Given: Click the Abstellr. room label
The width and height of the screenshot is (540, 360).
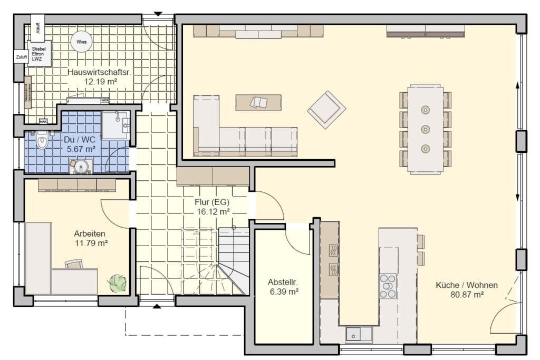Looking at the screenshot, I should [283, 281].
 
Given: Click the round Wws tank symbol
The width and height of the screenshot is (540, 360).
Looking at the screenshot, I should [82, 42].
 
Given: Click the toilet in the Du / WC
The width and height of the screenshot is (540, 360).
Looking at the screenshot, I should [42, 141].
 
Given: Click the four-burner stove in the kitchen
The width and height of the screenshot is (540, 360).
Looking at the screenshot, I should [388, 286].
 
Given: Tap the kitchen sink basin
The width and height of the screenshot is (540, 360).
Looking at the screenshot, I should [352, 334].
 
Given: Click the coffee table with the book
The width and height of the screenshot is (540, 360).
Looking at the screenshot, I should [258, 102].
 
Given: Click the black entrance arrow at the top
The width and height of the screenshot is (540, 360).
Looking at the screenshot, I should [158, 14].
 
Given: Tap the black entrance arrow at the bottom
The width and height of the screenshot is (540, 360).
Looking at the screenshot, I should [157, 305].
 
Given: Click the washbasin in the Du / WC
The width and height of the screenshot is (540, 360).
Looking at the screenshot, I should [81, 167].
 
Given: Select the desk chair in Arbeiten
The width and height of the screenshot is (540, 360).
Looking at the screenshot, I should [74, 264].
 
